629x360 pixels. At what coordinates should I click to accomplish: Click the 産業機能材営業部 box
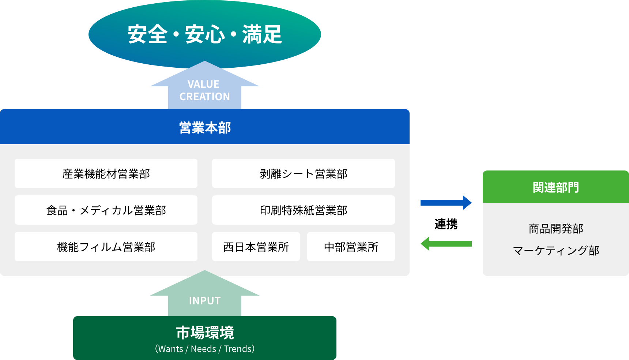[106, 173]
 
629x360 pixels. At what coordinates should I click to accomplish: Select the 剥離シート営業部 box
[303, 173]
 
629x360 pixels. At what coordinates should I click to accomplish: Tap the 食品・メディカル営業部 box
[106, 210]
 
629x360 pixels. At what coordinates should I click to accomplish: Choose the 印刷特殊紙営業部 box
[303, 210]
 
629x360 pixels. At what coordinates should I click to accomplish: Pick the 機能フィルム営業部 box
[106, 247]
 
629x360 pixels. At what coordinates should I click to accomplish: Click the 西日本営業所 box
[256, 247]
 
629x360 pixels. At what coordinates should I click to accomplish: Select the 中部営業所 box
[351, 247]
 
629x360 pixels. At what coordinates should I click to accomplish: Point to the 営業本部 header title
[205, 128]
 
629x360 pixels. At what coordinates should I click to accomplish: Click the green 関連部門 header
[555, 187]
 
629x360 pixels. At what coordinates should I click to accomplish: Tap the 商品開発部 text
[555, 229]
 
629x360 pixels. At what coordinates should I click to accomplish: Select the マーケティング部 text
[555, 251]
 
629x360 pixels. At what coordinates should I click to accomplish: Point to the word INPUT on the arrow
[205, 301]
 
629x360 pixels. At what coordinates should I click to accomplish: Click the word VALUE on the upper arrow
[203, 84]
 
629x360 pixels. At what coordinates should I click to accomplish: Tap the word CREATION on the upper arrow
[205, 97]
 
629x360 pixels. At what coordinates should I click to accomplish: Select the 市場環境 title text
[205, 333]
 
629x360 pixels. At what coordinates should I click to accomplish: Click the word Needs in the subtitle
[203, 349]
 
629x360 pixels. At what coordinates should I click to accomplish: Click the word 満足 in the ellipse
[262, 35]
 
